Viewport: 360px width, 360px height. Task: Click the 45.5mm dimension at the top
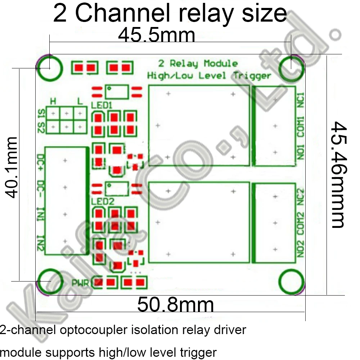tap(157, 36)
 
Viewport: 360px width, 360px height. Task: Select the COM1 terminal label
tap(301, 126)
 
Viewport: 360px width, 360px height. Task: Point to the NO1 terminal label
tap(301, 152)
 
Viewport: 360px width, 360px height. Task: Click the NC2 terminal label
tap(301, 197)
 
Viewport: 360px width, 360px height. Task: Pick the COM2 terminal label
tap(301, 223)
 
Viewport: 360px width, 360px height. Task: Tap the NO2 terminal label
tap(301, 249)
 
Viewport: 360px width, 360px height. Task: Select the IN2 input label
tap(41, 244)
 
